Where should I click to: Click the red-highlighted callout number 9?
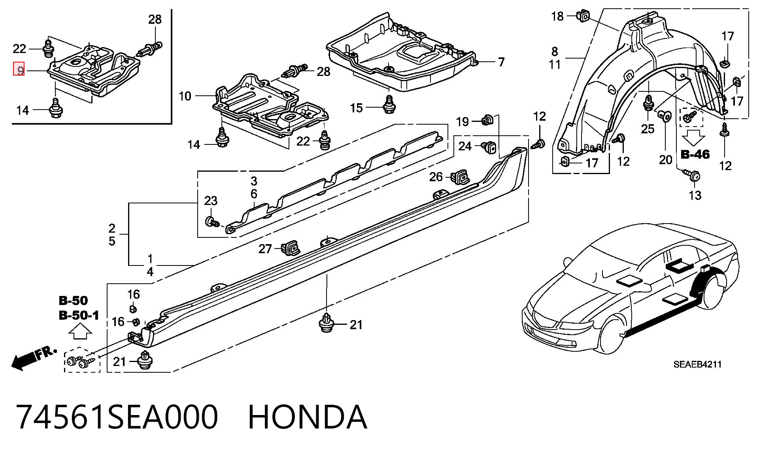coord(19,70)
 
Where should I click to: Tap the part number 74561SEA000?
coord(117,417)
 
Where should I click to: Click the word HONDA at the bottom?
coord(308,417)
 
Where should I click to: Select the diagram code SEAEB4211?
coord(697,364)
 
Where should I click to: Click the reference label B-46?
coord(695,154)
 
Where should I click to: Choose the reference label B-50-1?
coord(79,315)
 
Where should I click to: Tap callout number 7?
coord(501,62)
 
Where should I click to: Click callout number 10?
coord(185,96)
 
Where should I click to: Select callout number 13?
coord(695,195)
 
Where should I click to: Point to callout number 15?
coord(356,108)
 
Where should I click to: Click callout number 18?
coord(557,16)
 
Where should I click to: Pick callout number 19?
coord(463,121)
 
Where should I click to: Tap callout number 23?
coord(211,201)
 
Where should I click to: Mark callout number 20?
coord(666,159)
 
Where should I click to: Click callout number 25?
coord(648,129)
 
